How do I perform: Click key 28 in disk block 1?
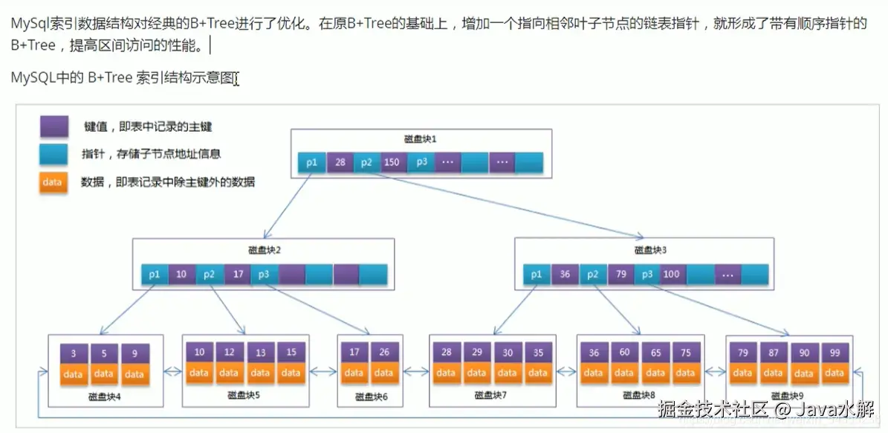click(x=340, y=162)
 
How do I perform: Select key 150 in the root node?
click(x=392, y=162)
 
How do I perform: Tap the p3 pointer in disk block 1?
click(x=421, y=162)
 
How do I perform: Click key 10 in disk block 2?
click(x=181, y=275)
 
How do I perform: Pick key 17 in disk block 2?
click(x=238, y=275)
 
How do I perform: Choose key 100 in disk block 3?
click(x=672, y=275)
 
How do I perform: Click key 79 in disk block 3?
click(x=620, y=275)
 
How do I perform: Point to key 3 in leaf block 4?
click(x=74, y=354)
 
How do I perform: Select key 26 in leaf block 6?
click(x=383, y=353)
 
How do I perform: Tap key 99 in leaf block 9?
click(x=834, y=353)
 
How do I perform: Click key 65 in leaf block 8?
click(x=655, y=353)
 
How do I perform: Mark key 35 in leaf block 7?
click(x=537, y=353)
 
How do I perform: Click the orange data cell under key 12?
click(x=230, y=373)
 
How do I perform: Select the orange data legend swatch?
click(x=53, y=182)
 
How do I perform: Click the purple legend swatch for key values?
click(x=54, y=126)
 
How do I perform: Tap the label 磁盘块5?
click(x=244, y=394)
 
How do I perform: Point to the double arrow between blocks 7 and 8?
click(x=567, y=371)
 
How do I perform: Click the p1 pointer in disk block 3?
click(x=537, y=275)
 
